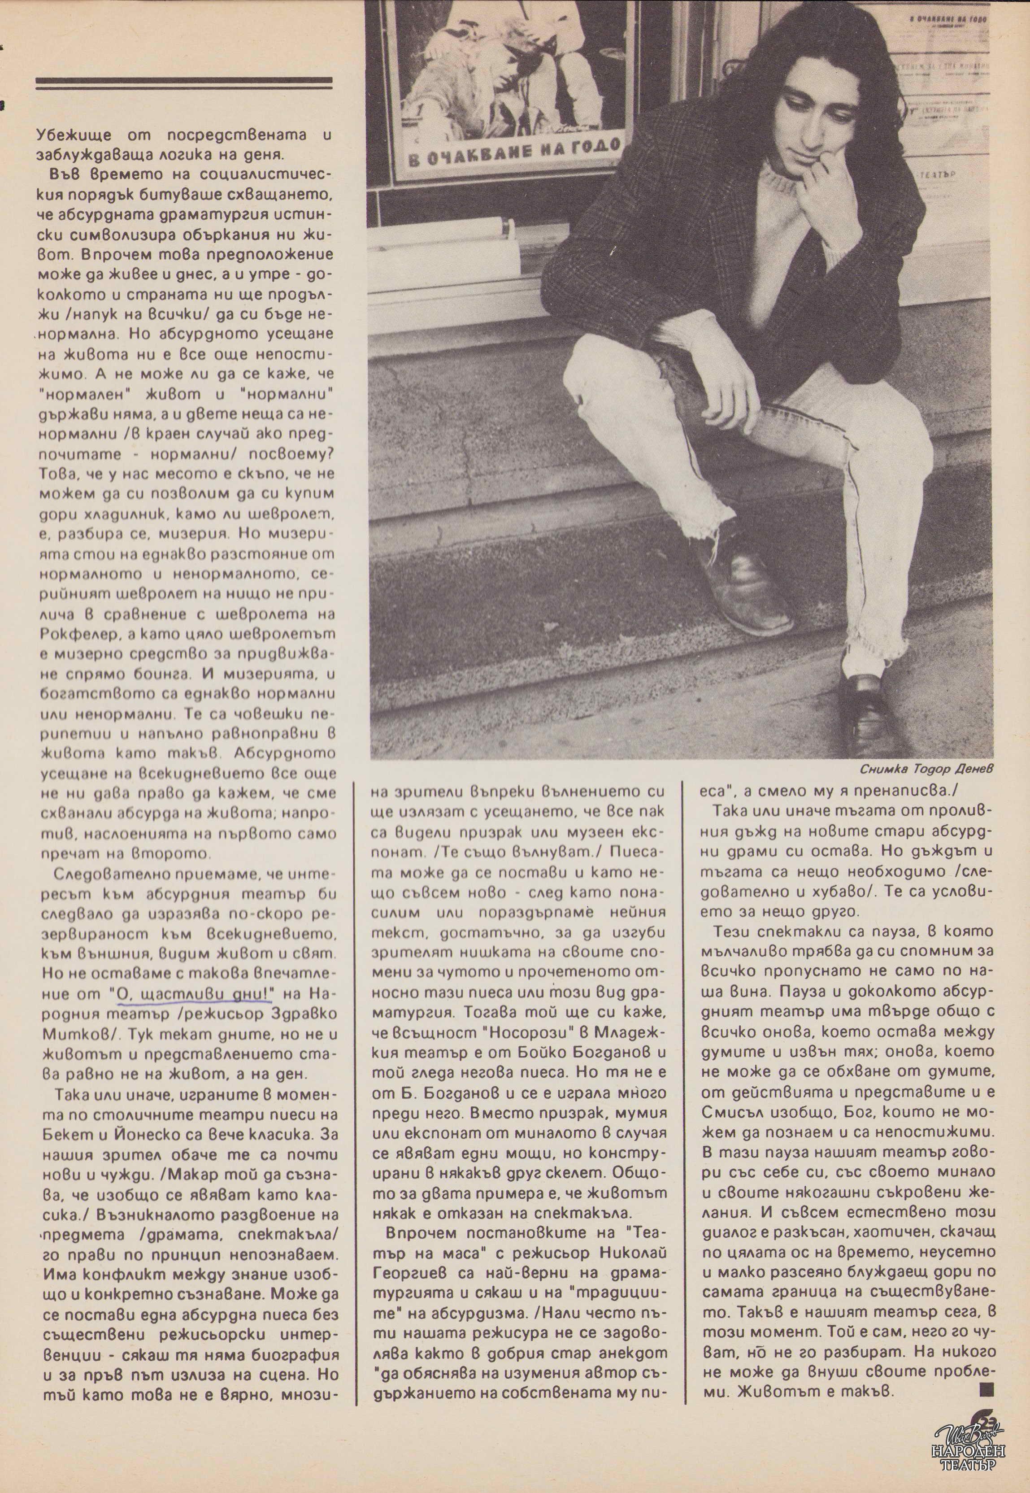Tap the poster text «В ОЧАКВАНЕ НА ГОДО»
click(513, 155)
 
